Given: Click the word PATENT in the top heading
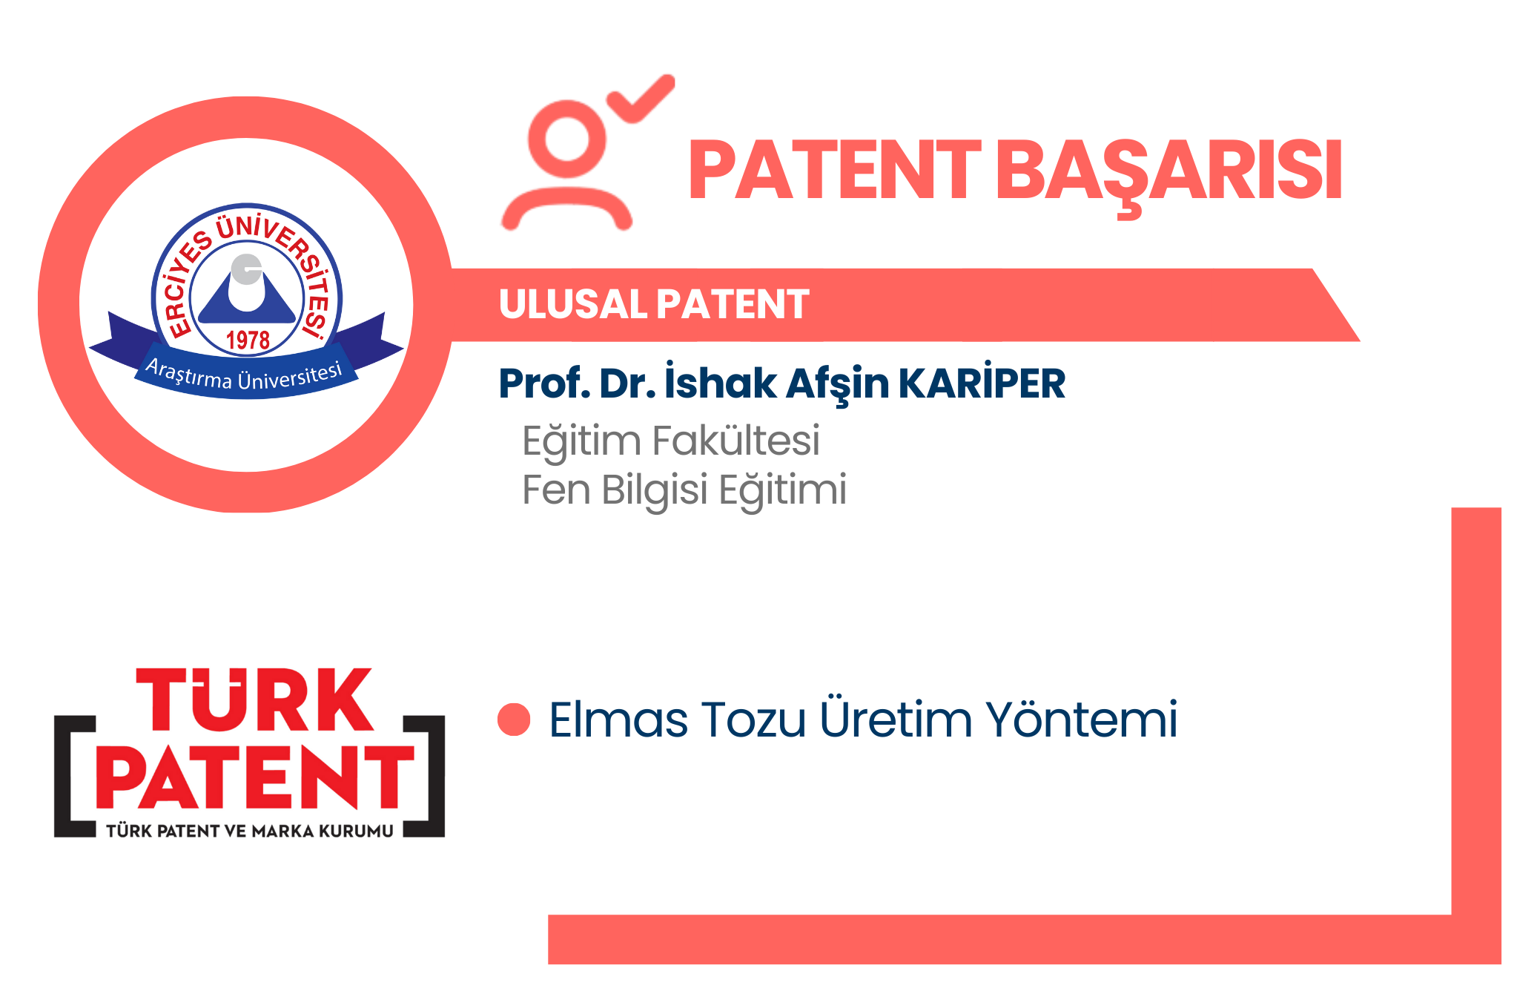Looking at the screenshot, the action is click(x=835, y=170).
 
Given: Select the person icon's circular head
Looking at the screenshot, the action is click(x=567, y=139).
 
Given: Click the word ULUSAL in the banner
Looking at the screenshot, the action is click(x=573, y=305).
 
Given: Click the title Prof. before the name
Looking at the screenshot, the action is click(x=544, y=383).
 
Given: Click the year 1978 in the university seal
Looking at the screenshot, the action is click(x=248, y=340).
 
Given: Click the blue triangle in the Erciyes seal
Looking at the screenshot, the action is click(x=247, y=294).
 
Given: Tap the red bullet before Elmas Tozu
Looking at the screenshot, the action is click(x=514, y=720).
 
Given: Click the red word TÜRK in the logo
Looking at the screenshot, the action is click(x=254, y=699).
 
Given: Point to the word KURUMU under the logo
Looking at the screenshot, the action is click(x=356, y=832).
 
